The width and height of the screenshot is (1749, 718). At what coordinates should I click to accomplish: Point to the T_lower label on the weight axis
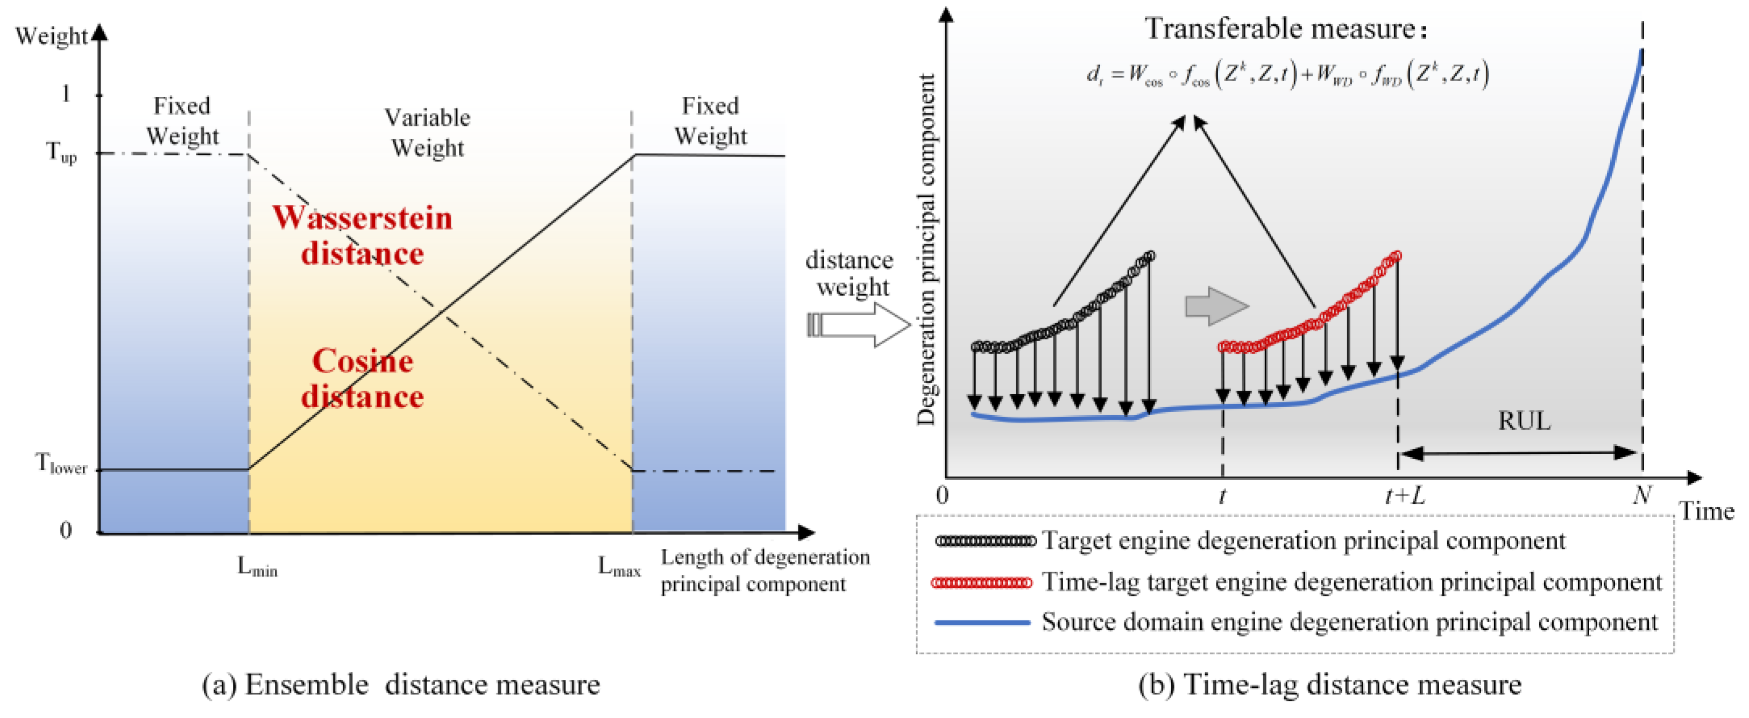point(61,465)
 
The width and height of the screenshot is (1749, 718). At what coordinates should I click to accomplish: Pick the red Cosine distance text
point(363,379)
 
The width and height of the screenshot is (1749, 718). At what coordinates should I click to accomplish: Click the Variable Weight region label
point(427,132)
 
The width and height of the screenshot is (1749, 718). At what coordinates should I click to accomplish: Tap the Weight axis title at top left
point(52,36)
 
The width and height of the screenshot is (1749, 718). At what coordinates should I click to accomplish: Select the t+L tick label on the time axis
point(1404,496)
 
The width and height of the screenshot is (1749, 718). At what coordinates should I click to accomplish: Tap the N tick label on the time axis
point(1642,495)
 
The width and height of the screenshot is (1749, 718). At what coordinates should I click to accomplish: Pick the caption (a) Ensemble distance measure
point(401,685)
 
